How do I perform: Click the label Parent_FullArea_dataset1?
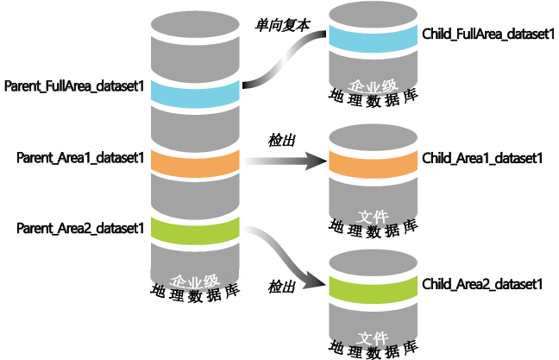pyautogui.click(x=74, y=86)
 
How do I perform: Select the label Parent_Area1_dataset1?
pyautogui.click(x=79, y=158)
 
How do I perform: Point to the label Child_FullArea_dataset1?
pyautogui.click(x=487, y=35)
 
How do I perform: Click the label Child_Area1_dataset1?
pyautogui.click(x=482, y=159)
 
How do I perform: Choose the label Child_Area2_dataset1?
pyautogui.click(x=482, y=283)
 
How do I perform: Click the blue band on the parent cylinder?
pyautogui.click(x=195, y=90)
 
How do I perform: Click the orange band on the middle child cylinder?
pyautogui.click(x=371, y=162)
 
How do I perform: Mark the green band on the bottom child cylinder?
pyautogui.click(x=371, y=286)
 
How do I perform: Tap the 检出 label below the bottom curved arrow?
pyautogui.click(x=282, y=287)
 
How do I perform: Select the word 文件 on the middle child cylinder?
pyautogui.click(x=371, y=213)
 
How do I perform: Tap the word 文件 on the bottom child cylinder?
pyautogui.click(x=371, y=337)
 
